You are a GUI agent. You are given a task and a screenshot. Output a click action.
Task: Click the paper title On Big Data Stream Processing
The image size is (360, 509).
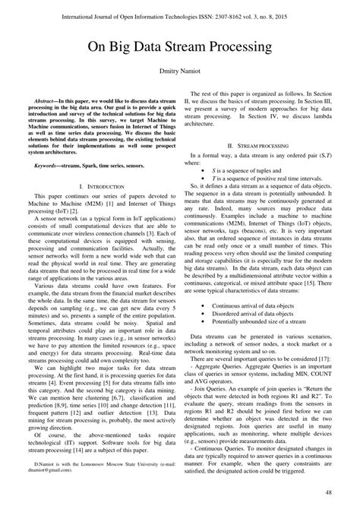point(180,47)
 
